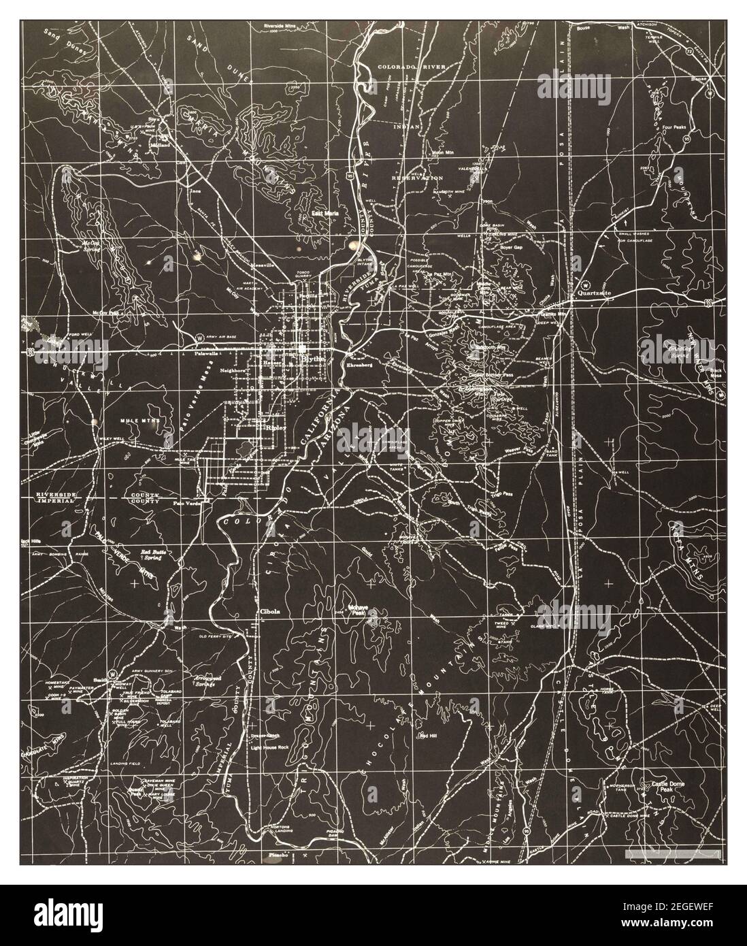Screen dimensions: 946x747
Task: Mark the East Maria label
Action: (325, 213)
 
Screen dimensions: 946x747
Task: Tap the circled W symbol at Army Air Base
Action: (199, 337)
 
